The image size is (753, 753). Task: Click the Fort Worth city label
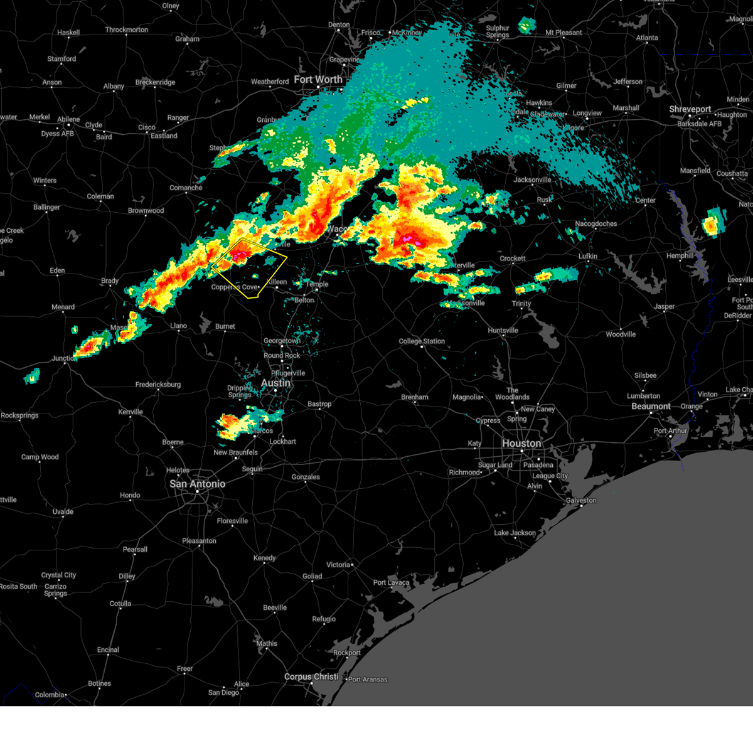point(318,80)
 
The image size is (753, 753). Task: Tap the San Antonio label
point(197,484)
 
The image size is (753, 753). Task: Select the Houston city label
point(521,444)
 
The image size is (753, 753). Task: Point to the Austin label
point(275,383)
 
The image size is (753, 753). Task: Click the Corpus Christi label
point(311,677)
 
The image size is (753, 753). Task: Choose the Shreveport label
point(690,109)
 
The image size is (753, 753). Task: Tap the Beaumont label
point(651,407)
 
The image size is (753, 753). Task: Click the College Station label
point(422,341)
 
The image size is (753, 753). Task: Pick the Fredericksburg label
point(158,385)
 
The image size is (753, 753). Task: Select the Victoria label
point(338,565)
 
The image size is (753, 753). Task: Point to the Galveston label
point(581,500)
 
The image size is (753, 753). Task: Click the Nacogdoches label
point(595,224)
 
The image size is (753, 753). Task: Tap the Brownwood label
point(146,211)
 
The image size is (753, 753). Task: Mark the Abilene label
point(68,119)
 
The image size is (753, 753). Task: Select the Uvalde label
point(63,512)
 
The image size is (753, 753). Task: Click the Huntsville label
point(503,331)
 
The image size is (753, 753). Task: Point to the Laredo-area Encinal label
point(108,650)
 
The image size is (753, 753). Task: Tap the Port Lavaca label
point(391,582)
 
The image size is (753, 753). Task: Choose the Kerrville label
point(131,412)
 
